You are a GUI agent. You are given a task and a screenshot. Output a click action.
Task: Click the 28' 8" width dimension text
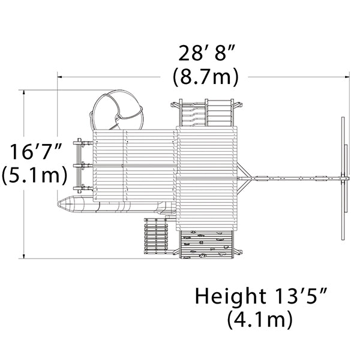click(206, 53)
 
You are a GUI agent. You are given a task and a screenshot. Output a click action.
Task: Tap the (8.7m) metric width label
click(206, 77)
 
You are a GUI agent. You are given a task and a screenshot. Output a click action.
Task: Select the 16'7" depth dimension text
click(36, 151)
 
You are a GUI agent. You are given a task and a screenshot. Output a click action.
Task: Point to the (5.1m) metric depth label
click(35, 175)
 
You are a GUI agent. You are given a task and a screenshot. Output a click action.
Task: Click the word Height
click(230, 297)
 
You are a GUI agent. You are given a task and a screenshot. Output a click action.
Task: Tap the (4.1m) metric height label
click(260, 319)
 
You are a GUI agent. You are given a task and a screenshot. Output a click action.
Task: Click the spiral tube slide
click(116, 110)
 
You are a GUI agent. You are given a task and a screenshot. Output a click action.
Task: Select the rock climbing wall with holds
click(206, 245)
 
